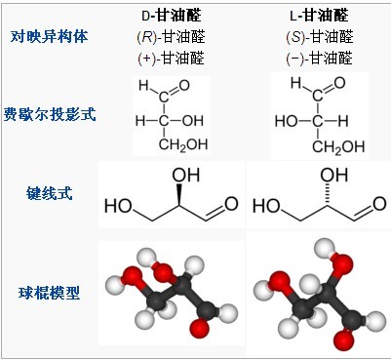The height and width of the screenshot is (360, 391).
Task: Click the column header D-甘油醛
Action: click(x=171, y=17)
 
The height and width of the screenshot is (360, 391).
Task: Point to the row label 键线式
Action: click(x=48, y=193)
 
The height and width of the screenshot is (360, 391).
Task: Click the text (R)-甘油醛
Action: click(x=171, y=38)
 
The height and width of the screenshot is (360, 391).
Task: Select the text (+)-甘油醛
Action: click(x=171, y=59)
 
